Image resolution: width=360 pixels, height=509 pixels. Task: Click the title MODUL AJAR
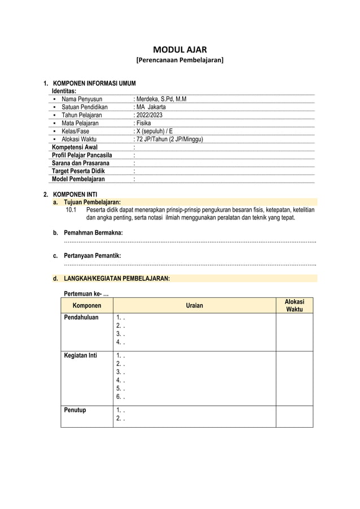click(x=180, y=50)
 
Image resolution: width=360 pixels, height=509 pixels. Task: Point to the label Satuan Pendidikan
click(x=84, y=107)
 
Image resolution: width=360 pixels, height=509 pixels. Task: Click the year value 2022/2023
click(x=148, y=115)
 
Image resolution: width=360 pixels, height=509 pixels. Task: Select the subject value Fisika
click(x=143, y=122)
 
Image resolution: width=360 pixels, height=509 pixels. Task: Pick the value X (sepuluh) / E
click(x=153, y=131)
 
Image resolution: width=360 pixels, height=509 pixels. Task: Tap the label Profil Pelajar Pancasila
click(x=82, y=155)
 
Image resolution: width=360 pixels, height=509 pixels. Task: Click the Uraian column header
click(x=194, y=306)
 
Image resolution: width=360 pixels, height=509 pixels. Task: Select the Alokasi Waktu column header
click(x=294, y=306)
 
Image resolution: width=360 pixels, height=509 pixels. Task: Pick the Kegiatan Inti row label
click(x=82, y=356)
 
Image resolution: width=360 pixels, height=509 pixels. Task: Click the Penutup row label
click(x=75, y=410)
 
